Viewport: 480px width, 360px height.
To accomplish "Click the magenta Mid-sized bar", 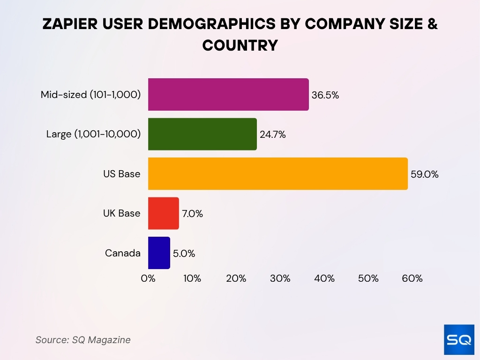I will click(x=228, y=95).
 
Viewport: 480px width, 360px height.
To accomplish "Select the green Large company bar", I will click(x=202, y=134).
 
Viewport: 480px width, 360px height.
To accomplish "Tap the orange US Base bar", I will click(x=277, y=174).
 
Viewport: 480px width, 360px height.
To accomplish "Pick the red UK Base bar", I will click(x=164, y=213).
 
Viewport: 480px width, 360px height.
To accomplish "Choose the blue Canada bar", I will click(x=159, y=253).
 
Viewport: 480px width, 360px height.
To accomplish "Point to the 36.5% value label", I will click(x=325, y=95).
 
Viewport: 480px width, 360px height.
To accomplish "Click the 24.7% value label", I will click(x=272, y=135).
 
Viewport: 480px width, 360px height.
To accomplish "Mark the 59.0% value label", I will click(x=424, y=174).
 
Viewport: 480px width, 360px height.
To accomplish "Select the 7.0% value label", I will click(x=192, y=214).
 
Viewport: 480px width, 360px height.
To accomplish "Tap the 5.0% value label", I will click(x=184, y=254).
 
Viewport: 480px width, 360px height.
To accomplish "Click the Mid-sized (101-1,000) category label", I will click(x=90, y=95).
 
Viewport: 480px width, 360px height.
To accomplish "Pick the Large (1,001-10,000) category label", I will click(x=93, y=134).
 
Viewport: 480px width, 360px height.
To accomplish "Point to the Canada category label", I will click(x=122, y=253).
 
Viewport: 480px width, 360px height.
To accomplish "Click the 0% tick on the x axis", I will click(x=148, y=278).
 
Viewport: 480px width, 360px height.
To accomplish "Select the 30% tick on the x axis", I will click(x=280, y=278).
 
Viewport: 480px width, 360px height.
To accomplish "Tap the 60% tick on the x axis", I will click(x=412, y=278).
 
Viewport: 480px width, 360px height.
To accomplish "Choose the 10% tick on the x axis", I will click(x=192, y=278).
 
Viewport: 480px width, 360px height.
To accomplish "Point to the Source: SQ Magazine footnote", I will click(x=83, y=340).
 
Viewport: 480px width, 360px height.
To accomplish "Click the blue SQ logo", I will click(x=459, y=339).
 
